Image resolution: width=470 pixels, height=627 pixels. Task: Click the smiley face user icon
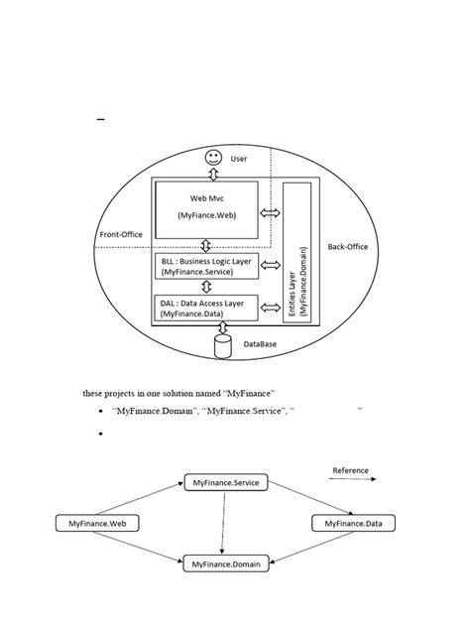coord(212,159)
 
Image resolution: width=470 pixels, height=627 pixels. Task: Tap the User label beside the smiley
coord(239,159)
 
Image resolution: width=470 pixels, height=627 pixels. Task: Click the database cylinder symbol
coord(222,344)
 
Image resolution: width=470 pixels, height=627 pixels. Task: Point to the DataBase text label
coord(260,344)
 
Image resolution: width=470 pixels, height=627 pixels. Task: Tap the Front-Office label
coord(122,235)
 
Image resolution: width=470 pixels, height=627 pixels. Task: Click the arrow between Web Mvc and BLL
coord(205,245)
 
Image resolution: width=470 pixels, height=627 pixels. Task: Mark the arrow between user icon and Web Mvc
coord(212,174)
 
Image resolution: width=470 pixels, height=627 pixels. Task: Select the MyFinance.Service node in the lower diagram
coord(222,482)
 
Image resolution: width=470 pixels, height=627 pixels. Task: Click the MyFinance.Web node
coord(90,522)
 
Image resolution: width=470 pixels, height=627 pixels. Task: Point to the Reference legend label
coord(350,469)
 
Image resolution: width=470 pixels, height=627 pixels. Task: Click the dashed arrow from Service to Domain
coord(222,523)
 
